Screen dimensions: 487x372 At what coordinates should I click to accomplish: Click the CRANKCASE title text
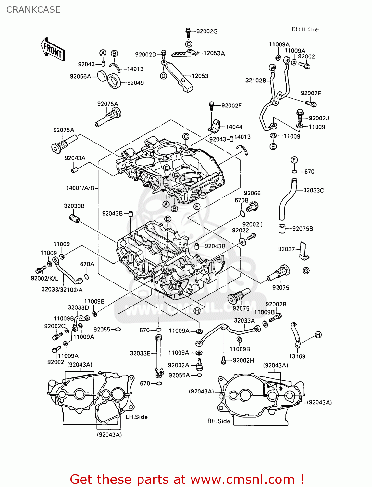pos(33,10)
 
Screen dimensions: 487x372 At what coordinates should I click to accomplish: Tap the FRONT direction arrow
pos(53,49)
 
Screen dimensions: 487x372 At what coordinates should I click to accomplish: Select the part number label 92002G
pos(207,31)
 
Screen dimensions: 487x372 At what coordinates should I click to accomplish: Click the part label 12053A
pos(214,53)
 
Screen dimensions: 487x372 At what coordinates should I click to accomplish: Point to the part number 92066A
pos(81,76)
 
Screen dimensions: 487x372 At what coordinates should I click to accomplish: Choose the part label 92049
pos(135,83)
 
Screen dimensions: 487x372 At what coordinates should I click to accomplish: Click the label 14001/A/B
pos(80,188)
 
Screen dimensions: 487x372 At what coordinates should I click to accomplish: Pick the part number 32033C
pos(313,190)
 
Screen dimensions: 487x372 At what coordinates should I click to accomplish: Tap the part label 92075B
pos(303,229)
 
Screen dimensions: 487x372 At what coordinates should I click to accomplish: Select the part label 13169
pos(297,356)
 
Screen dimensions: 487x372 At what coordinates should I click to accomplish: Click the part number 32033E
pos(140,353)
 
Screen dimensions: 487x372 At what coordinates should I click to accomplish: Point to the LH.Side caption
pos(137,417)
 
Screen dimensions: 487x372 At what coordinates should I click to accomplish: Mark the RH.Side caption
pos(219,421)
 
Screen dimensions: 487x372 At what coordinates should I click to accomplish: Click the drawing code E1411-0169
pos(305,30)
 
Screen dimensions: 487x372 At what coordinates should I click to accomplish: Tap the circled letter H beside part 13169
pos(318,335)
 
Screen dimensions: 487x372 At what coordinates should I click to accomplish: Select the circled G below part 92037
pos(306,270)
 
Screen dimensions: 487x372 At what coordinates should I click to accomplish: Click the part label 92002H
pos(243,360)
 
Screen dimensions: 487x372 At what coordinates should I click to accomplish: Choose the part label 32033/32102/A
pos(62,290)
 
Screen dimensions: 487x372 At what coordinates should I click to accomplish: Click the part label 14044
pos(234,127)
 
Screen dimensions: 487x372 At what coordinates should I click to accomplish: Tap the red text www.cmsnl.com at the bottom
pos(242,480)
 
